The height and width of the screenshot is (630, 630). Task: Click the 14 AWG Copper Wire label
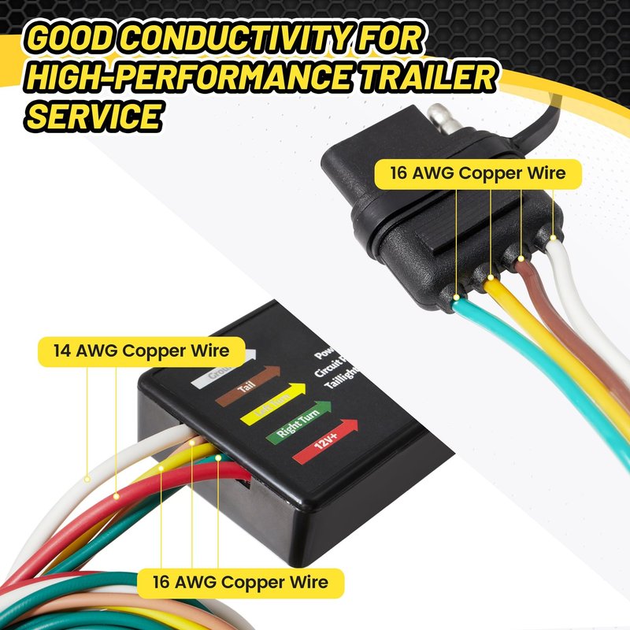[142, 351]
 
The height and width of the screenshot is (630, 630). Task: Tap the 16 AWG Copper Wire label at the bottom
[240, 583]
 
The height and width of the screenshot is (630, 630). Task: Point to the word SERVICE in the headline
[95, 116]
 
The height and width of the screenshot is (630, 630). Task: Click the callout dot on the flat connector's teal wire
[458, 298]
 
